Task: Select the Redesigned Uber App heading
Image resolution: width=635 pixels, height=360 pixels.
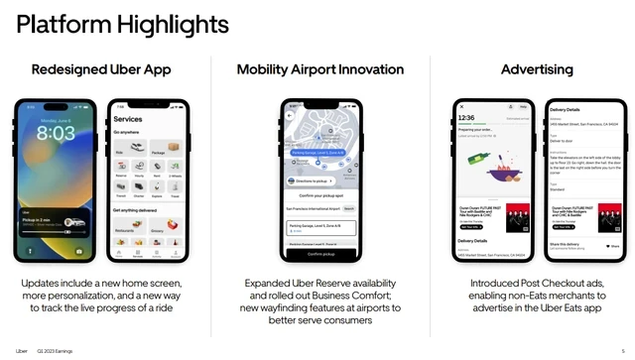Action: (101, 69)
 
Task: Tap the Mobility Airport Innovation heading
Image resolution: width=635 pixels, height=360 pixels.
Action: (319, 69)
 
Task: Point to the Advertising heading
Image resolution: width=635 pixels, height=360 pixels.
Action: (537, 69)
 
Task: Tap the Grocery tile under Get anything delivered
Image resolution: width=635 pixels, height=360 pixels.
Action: (159, 227)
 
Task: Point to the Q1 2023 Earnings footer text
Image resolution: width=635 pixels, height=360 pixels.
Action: (55, 350)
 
